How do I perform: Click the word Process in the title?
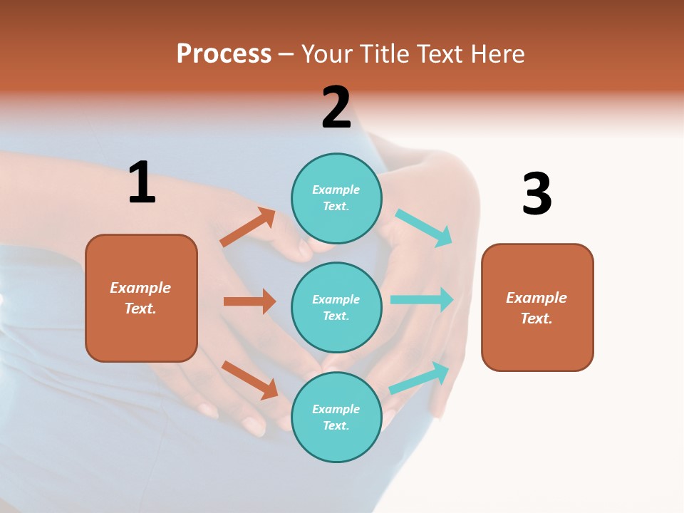(x=224, y=54)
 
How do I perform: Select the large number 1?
(x=142, y=182)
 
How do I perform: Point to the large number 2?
(x=336, y=108)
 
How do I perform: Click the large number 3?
(x=537, y=194)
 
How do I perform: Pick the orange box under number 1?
(x=141, y=298)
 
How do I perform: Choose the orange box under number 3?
(x=537, y=307)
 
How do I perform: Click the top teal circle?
(x=336, y=198)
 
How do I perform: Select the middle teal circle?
(x=336, y=308)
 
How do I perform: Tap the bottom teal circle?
(x=336, y=418)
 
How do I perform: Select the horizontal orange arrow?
(x=250, y=301)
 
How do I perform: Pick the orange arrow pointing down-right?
(x=250, y=380)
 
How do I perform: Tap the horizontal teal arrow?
(x=422, y=299)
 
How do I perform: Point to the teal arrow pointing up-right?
(x=420, y=378)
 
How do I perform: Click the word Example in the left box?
(x=140, y=288)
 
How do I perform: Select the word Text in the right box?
(x=535, y=318)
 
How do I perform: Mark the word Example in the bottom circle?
(x=336, y=409)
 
